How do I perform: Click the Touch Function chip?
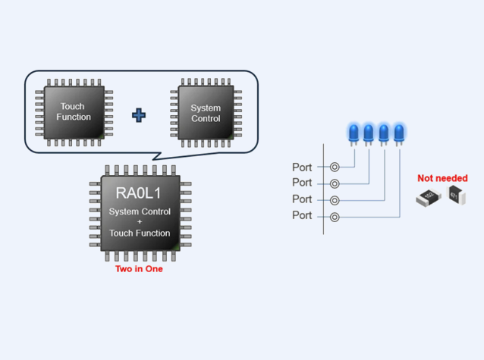click(x=74, y=112)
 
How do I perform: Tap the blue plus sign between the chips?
click(x=140, y=115)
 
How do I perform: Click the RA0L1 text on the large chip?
click(x=140, y=193)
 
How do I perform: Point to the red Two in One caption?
click(x=139, y=268)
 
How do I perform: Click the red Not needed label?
click(x=442, y=179)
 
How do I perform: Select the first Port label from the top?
click(x=302, y=167)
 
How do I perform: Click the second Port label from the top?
click(x=302, y=183)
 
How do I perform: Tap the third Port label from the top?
click(x=302, y=199)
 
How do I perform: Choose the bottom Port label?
click(x=302, y=216)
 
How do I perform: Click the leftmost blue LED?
click(x=354, y=133)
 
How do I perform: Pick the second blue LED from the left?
click(x=369, y=133)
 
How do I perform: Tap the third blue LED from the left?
click(x=384, y=133)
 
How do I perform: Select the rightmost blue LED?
click(x=399, y=133)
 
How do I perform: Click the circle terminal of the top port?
click(x=335, y=167)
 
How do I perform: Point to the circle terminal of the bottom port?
click(x=335, y=217)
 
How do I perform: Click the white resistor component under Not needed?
click(x=428, y=199)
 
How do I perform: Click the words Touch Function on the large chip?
click(x=140, y=233)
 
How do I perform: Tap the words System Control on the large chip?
click(x=140, y=211)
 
